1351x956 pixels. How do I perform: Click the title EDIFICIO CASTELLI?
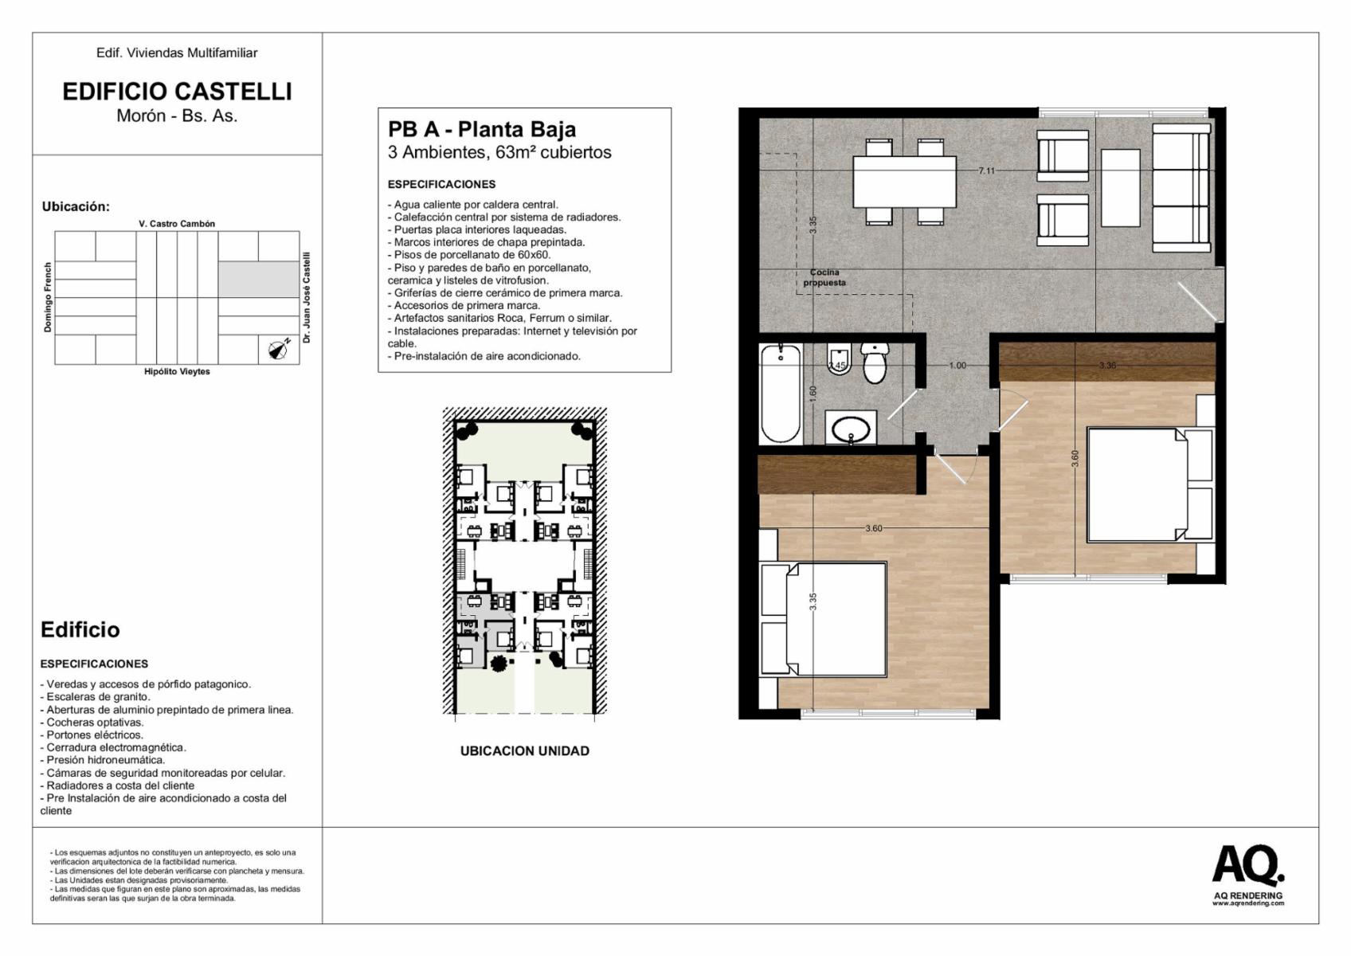point(177,92)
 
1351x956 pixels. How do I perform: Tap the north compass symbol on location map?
point(279,349)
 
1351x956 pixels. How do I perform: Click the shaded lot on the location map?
point(259,279)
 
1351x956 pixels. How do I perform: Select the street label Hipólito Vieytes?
point(177,371)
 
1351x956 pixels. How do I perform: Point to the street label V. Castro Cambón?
point(177,224)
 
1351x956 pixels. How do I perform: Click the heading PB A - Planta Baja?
point(481,129)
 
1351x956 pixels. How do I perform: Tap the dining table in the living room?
point(904,182)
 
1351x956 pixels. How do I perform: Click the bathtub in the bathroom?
point(781,394)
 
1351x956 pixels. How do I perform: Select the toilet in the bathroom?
point(875,363)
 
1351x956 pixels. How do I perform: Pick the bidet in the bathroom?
point(838,361)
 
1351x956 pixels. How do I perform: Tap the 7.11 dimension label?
point(987,170)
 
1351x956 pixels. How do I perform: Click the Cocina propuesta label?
point(824,277)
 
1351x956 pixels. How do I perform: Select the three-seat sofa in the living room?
point(1181,187)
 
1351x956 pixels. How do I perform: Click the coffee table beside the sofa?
point(1120,187)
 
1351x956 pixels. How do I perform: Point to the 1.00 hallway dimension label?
point(957,366)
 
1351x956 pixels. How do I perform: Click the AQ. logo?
point(1248,866)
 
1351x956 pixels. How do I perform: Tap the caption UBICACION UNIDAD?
point(525,751)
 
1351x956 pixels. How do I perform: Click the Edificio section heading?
point(80,629)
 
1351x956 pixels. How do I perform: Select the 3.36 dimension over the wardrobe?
point(1107,366)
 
